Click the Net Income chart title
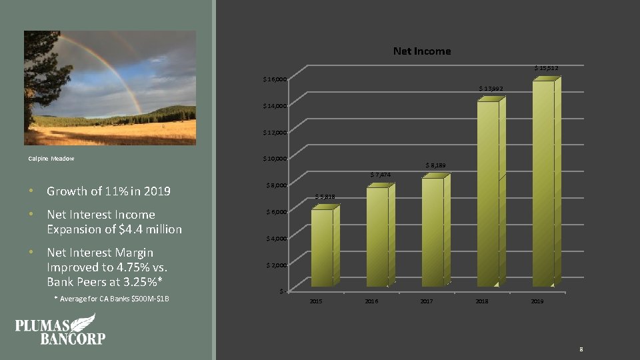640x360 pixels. [421, 51]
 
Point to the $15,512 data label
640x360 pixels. [546, 68]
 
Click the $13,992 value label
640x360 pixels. [491, 89]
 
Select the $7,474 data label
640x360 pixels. [380, 175]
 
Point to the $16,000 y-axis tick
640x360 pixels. [275, 80]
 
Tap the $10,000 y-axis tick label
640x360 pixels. [275, 159]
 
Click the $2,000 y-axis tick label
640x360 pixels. [276, 265]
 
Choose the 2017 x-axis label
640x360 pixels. [427, 302]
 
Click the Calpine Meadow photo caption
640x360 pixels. [52, 159]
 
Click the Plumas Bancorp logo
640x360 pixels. [60, 329]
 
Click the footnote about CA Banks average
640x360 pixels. [111, 299]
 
